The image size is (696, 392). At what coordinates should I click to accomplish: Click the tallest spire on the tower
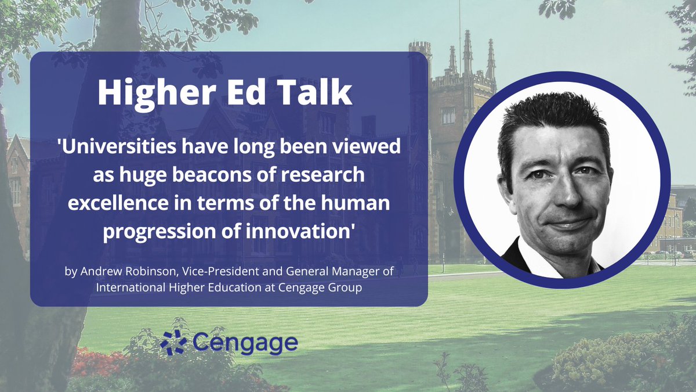[467, 49]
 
